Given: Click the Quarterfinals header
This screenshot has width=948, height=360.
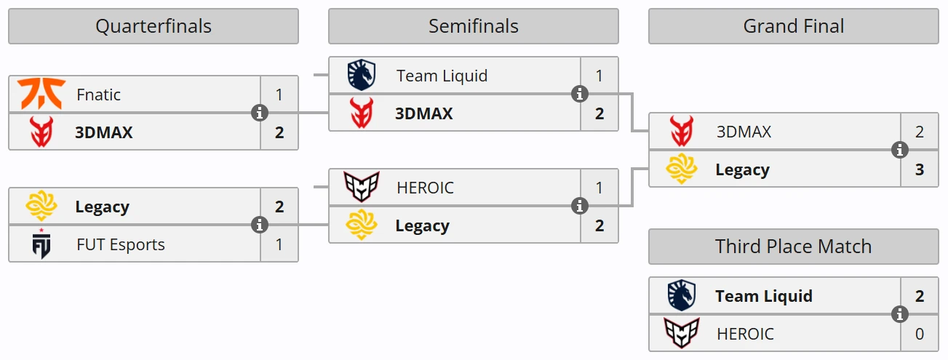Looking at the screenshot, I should [154, 26].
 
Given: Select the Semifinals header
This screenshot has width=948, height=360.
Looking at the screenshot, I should [473, 26].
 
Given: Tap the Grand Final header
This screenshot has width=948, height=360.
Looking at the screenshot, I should [793, 26].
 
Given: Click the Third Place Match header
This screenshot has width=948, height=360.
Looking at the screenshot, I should [793, 247].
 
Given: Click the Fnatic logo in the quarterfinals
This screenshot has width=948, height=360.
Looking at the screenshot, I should [41, 95].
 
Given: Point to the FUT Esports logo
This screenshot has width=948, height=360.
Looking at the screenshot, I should [41, 244].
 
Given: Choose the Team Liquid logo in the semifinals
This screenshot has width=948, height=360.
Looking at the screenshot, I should [362, 76].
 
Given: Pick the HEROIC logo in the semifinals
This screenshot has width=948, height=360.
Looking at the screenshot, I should [362, 188].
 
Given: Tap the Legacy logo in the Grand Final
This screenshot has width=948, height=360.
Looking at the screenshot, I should [682, 169].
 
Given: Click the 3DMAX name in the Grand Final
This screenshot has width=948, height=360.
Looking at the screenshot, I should [744, 132].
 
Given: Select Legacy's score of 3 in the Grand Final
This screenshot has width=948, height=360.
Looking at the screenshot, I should [920, 169].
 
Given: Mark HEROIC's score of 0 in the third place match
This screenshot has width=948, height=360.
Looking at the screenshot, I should [920, 334].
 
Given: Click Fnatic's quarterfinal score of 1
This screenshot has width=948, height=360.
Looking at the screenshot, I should [279, 95].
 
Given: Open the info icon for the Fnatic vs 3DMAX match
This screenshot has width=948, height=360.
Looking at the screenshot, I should [260, 113].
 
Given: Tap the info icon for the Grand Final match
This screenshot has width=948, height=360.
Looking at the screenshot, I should [900, 151].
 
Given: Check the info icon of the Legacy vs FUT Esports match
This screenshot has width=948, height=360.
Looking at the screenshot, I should [260, 225].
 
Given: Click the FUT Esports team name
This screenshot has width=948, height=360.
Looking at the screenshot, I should [121, 244].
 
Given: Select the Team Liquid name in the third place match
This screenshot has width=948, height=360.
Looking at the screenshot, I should [764, 296].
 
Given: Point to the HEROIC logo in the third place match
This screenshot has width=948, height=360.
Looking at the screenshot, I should [682, 334].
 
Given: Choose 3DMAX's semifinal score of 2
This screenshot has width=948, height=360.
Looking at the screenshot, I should [600, 113].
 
